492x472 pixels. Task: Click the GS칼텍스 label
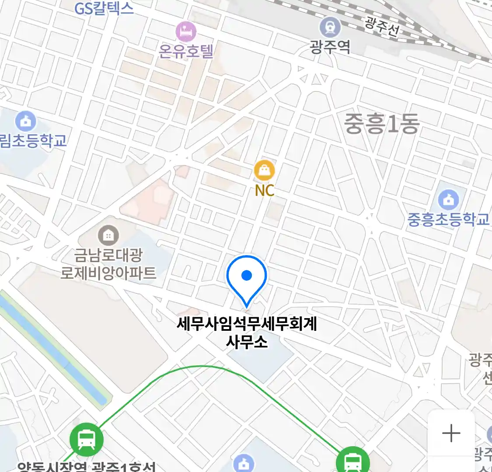pos(104,8)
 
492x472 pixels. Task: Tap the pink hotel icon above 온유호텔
pos(186,31)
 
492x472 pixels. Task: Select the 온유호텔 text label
pos(186,52)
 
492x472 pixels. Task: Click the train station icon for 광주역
pos(330,27)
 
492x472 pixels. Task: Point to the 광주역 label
pos(330,46)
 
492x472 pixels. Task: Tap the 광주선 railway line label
pos(382,27)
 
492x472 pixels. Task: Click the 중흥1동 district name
pos(381,124)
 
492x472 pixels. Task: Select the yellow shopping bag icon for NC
pos(265,170)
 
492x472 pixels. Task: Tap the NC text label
pos(265,191)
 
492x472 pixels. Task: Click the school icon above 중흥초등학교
pos(448,201)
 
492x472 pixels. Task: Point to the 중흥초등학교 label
pos(448,219)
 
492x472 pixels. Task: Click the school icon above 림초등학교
pos(25,122)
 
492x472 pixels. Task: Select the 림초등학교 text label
pos(33,141)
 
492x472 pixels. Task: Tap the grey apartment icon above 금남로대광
pos(108,236)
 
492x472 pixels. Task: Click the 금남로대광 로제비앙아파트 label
pos(108,264)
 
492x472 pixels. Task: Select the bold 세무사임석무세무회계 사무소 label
pos(247,333)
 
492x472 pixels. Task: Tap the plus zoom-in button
pos(451,434)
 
